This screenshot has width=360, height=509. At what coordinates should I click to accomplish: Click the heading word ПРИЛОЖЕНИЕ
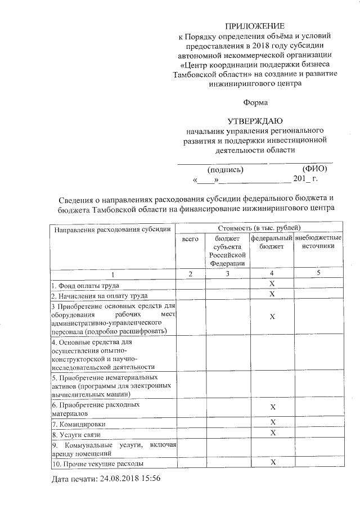tap(255, 26)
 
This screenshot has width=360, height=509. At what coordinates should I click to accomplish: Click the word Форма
tap(255, 102)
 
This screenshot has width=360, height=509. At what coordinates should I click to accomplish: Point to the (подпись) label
tap(225, 169)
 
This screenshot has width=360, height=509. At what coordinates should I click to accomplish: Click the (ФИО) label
tap(314, 169)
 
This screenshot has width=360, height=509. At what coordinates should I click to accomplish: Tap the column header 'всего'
tap(190, 240)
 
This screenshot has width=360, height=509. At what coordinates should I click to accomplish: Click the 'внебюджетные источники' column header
tap(318, 243)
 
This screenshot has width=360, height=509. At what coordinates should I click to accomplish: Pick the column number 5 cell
tap(318, 274)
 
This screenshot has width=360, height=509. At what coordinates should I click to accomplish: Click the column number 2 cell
tap(190, 274)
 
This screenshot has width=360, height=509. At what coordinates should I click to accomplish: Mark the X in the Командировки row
tap(272, 422)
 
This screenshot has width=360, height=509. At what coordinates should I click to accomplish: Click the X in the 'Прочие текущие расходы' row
tap(272, 462)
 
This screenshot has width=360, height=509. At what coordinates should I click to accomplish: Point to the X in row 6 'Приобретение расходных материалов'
tap(272, 407)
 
